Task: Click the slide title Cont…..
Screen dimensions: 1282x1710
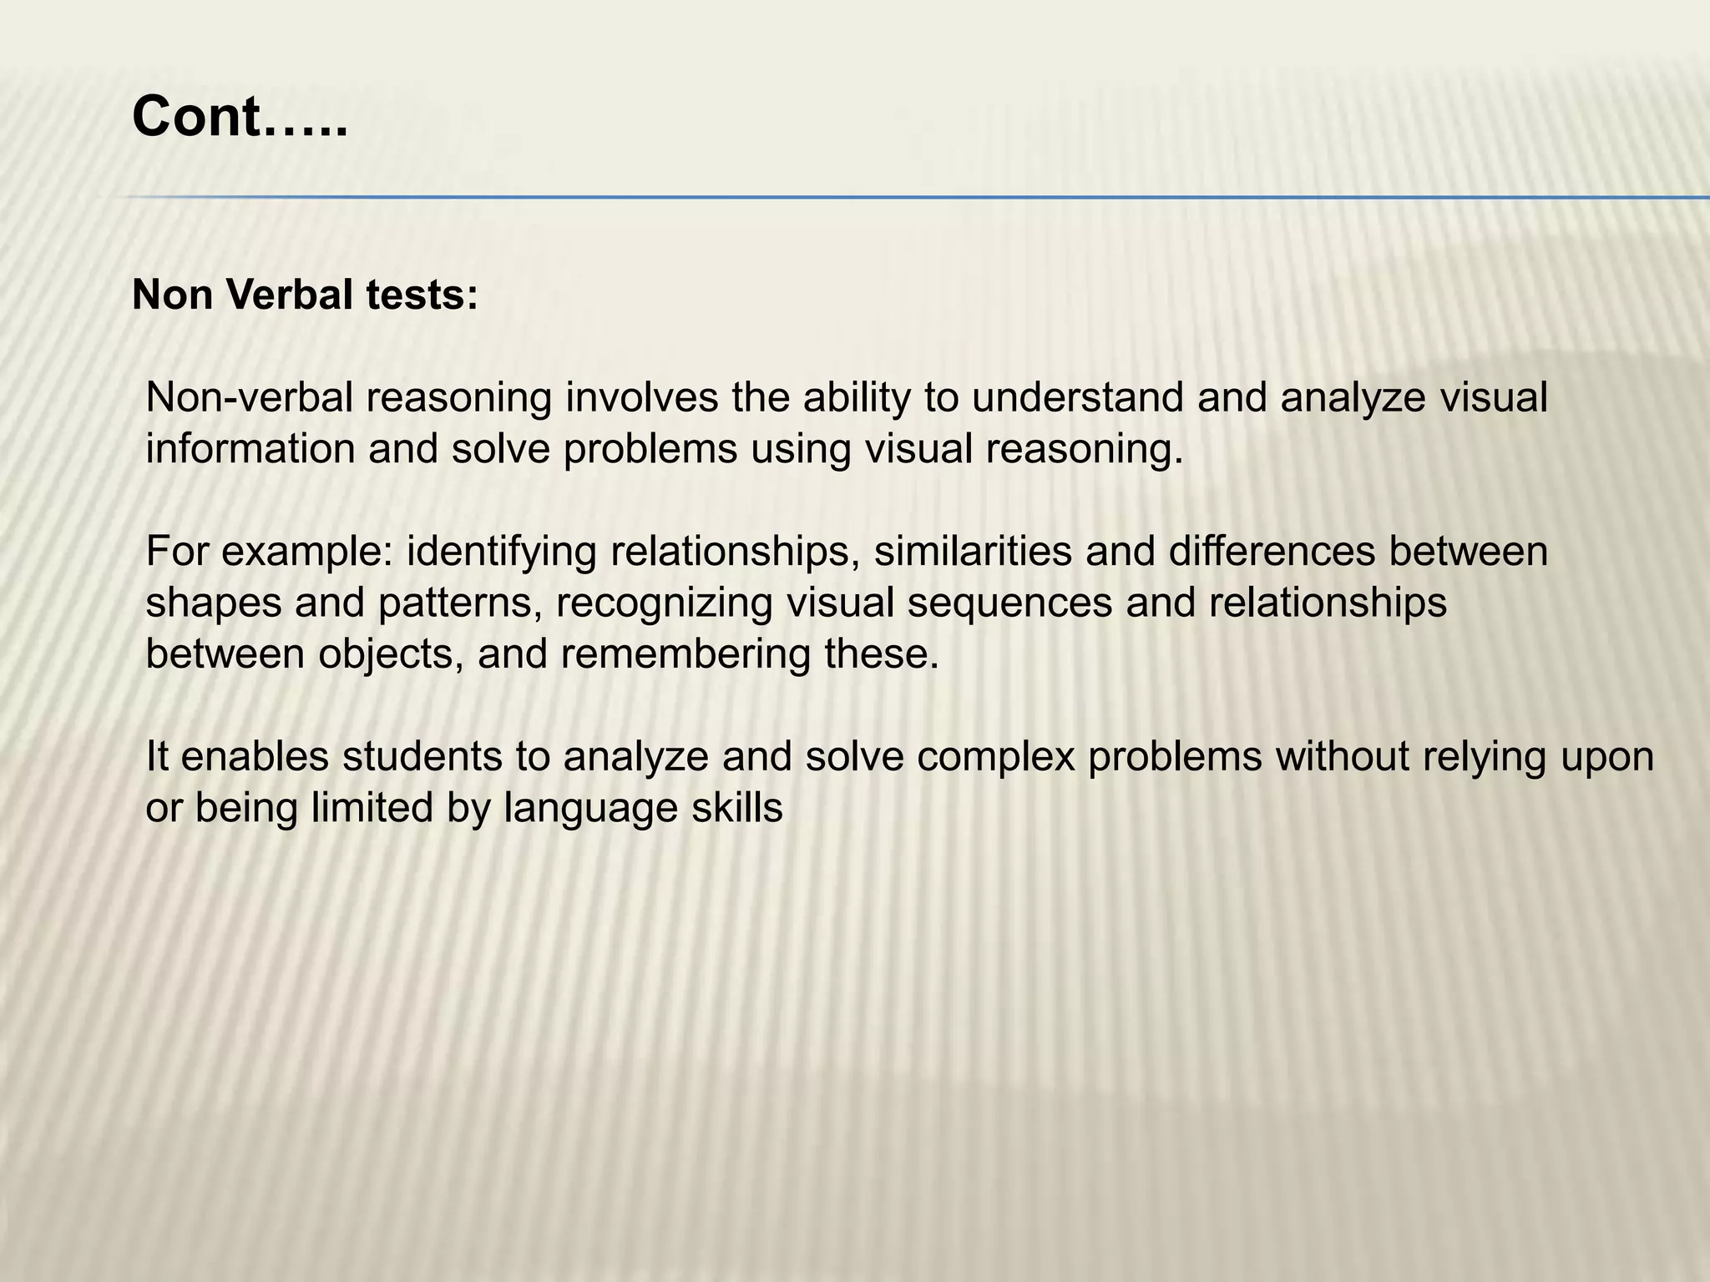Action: click(x=239, y=117)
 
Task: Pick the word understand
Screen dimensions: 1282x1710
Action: click(x=1077, y=398)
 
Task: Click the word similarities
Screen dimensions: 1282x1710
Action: click(x=973, y=552)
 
